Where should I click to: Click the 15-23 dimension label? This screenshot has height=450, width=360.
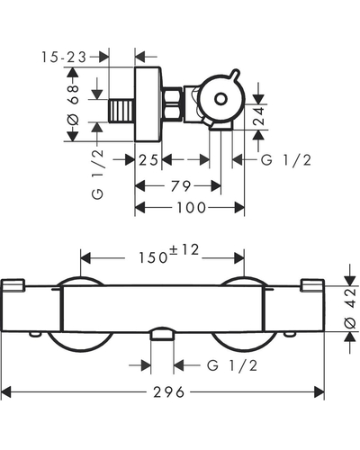pos(64,57)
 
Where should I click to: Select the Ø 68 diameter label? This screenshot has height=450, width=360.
pos(73,104)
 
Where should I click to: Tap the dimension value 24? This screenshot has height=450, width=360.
pos(258,115)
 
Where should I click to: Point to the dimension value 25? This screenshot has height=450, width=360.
pos(148,160)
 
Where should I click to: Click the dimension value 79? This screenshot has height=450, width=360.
pos(181,186)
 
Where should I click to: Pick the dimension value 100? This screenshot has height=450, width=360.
pos(191,208)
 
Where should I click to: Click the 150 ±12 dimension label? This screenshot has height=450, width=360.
pos(168,254)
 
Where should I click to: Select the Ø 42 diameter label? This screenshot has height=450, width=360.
pos(350,309)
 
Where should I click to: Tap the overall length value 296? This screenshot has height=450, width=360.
pos(169,392)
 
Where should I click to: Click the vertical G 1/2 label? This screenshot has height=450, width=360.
pos(98,175)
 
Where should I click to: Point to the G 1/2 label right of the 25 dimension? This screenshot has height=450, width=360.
pos(286,160)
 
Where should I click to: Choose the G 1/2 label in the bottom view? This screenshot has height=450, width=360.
pos(232,365)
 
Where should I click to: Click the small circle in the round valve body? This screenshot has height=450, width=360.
pos(220,99)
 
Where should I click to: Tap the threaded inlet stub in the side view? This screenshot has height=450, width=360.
pos(121,111)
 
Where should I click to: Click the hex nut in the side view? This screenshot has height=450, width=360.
pos(172,103)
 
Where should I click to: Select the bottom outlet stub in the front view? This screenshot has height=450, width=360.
pos(162,334)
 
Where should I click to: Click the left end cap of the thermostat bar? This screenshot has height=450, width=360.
pos(13,285)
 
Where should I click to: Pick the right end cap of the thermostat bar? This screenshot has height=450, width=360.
pos(312,285)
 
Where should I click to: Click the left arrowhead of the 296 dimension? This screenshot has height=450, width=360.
pos(6,392)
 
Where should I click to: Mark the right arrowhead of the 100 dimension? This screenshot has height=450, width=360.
pos(239,208)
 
